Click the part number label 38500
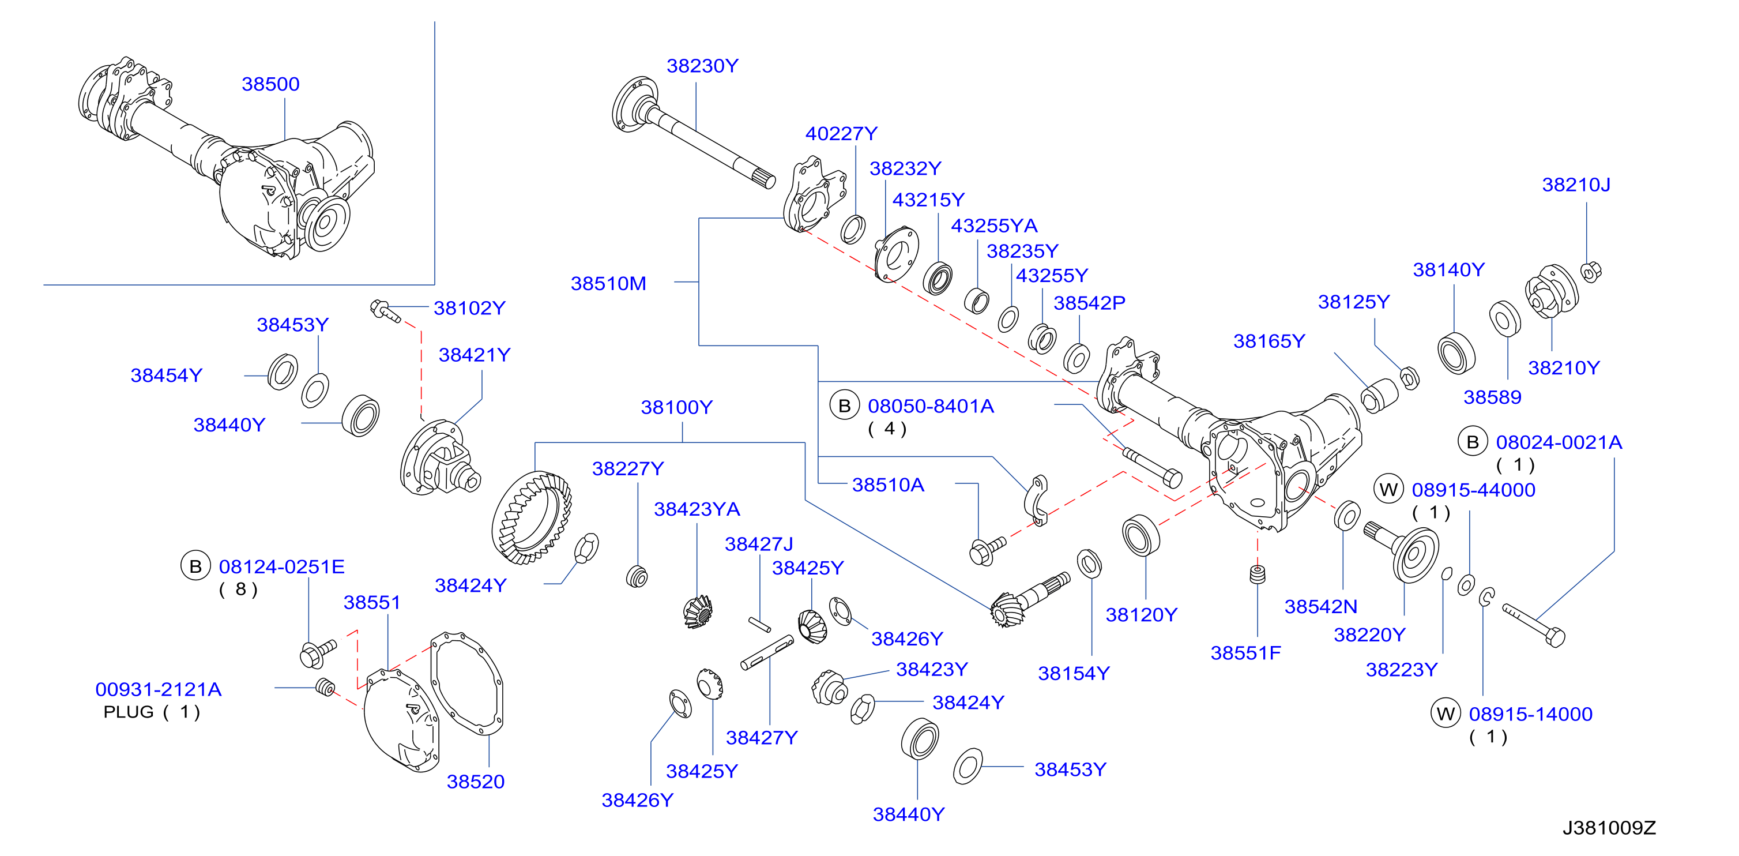(x=270, y=84)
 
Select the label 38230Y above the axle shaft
(x=703, y=66)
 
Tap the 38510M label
(x=608, y=284)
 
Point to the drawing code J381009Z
(x=1609, y=828)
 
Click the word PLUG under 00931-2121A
(x=128, y=712)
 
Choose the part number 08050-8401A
(x=931, y=407)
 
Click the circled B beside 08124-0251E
(x=196, y=566)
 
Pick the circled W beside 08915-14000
(x=1446, y=714)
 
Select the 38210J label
(x=1576, y=185)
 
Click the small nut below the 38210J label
(x=1591, y=271)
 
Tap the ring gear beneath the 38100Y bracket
(x=532, y=518)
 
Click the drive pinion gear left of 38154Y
(x=1029, y=599)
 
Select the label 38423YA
(x=697, y=510)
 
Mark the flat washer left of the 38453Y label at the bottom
(x=968, y=766)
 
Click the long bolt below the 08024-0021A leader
(x=1534, y=626)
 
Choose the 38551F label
(x=1245, y=654)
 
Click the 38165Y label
(x=1269, y=341)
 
